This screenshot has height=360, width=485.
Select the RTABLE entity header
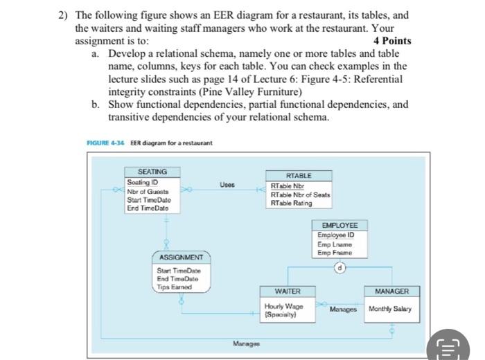[x=299, y=176]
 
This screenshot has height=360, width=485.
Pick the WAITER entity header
[x=288, y=291]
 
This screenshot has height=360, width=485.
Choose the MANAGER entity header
[x=391, y=291]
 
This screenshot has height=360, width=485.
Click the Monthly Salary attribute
[x=390, y=309]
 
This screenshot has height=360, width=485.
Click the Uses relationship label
[x=227, y=184]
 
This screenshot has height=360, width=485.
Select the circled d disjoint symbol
[x=340, y=267]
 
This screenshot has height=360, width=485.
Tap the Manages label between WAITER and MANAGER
[x=343, y=309]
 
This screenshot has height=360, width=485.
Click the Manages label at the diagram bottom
[x=247, y=343]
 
